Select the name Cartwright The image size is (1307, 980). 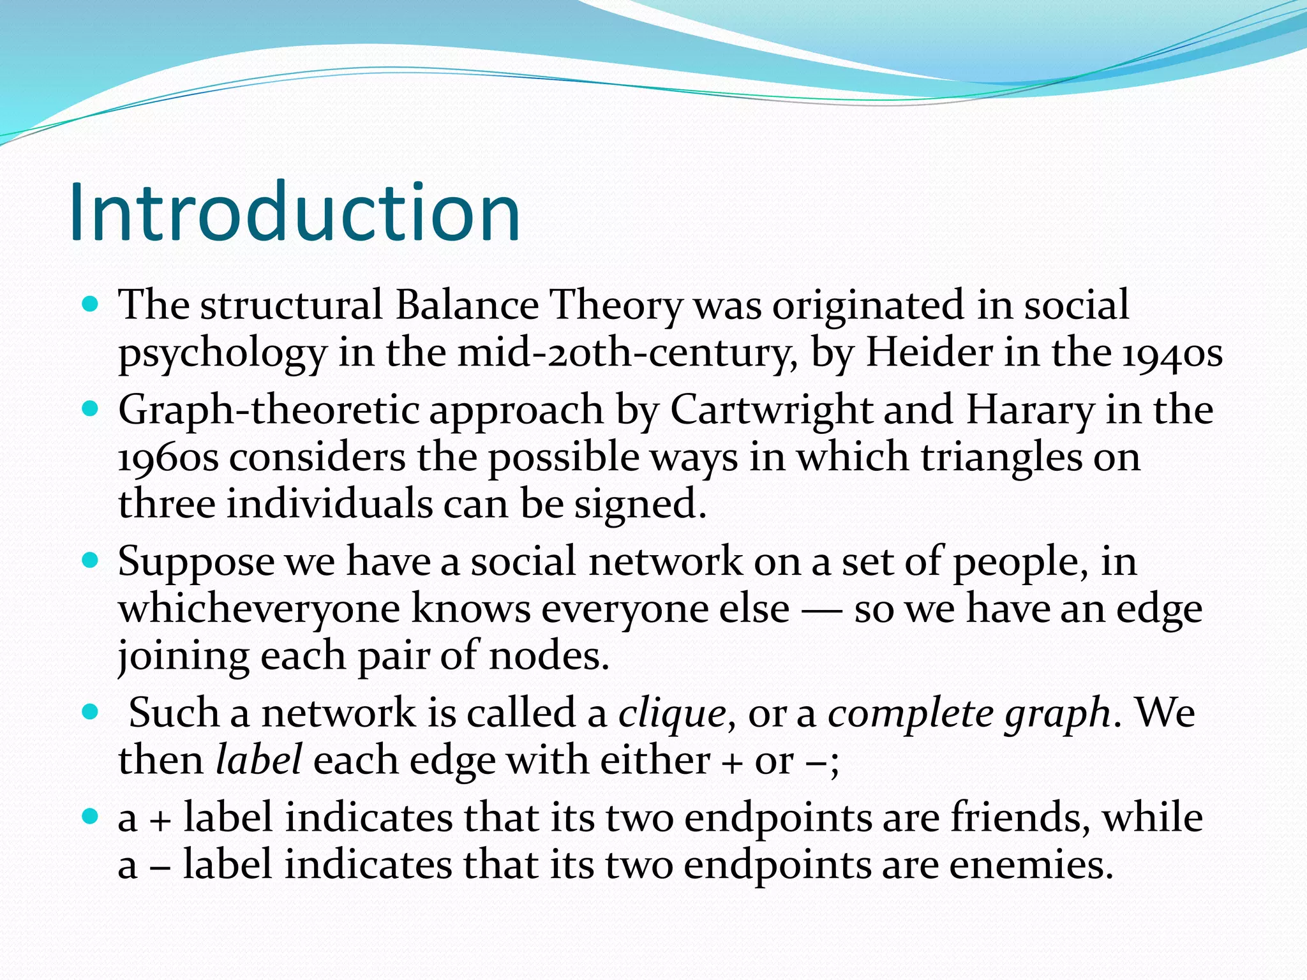771,409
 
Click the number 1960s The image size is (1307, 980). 168,457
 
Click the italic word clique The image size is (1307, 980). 672,713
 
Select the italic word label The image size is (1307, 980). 258,760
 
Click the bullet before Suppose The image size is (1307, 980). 91,561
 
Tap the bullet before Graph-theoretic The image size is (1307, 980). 91,408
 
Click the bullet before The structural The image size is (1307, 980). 91,304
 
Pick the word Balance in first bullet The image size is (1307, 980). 467,304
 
